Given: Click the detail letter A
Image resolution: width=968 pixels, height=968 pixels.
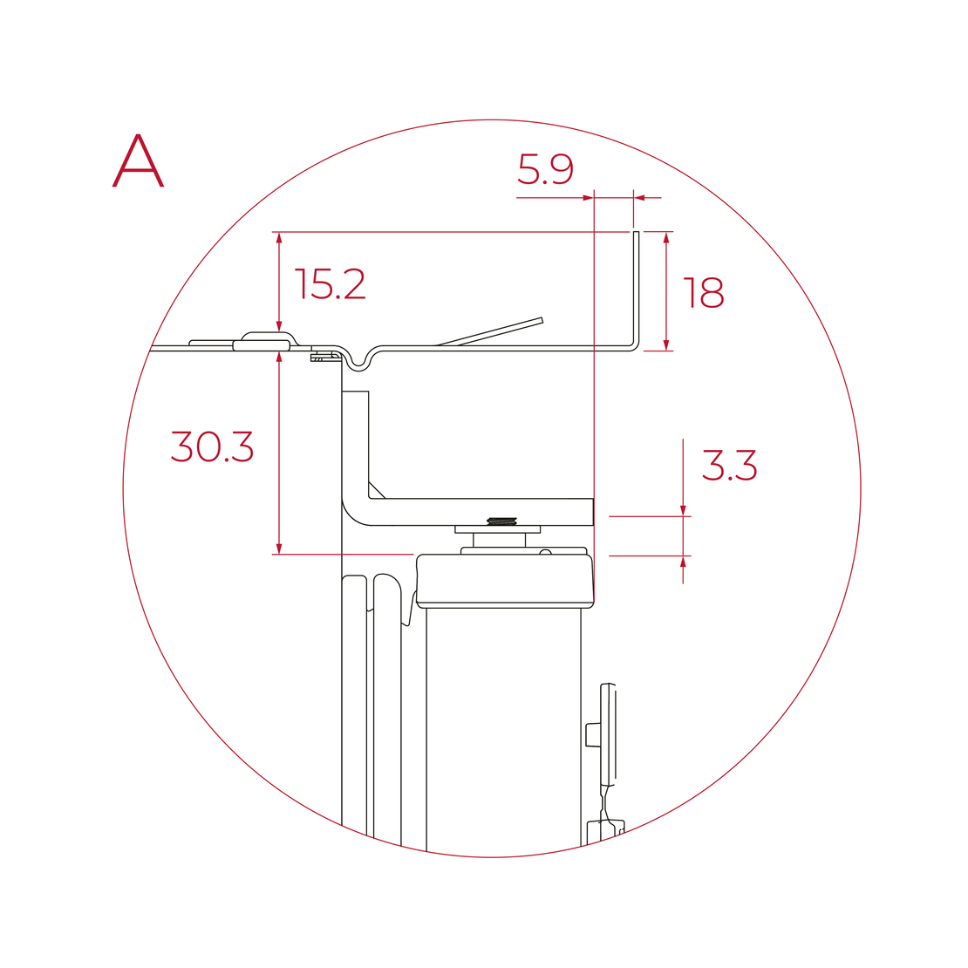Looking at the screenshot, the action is (139, 160).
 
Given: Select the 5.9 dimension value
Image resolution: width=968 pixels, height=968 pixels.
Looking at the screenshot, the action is (545, 169).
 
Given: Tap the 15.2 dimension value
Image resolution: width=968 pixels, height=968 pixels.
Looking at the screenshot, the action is (331, 284).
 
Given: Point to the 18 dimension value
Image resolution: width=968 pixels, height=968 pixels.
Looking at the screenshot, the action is (704, 293).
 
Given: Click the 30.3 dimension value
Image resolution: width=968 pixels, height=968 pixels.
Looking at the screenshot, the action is (212, 447).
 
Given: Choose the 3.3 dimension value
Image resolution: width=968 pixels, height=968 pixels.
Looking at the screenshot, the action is (729, 465).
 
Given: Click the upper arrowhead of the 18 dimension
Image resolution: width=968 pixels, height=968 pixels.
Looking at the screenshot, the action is (666, 239).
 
